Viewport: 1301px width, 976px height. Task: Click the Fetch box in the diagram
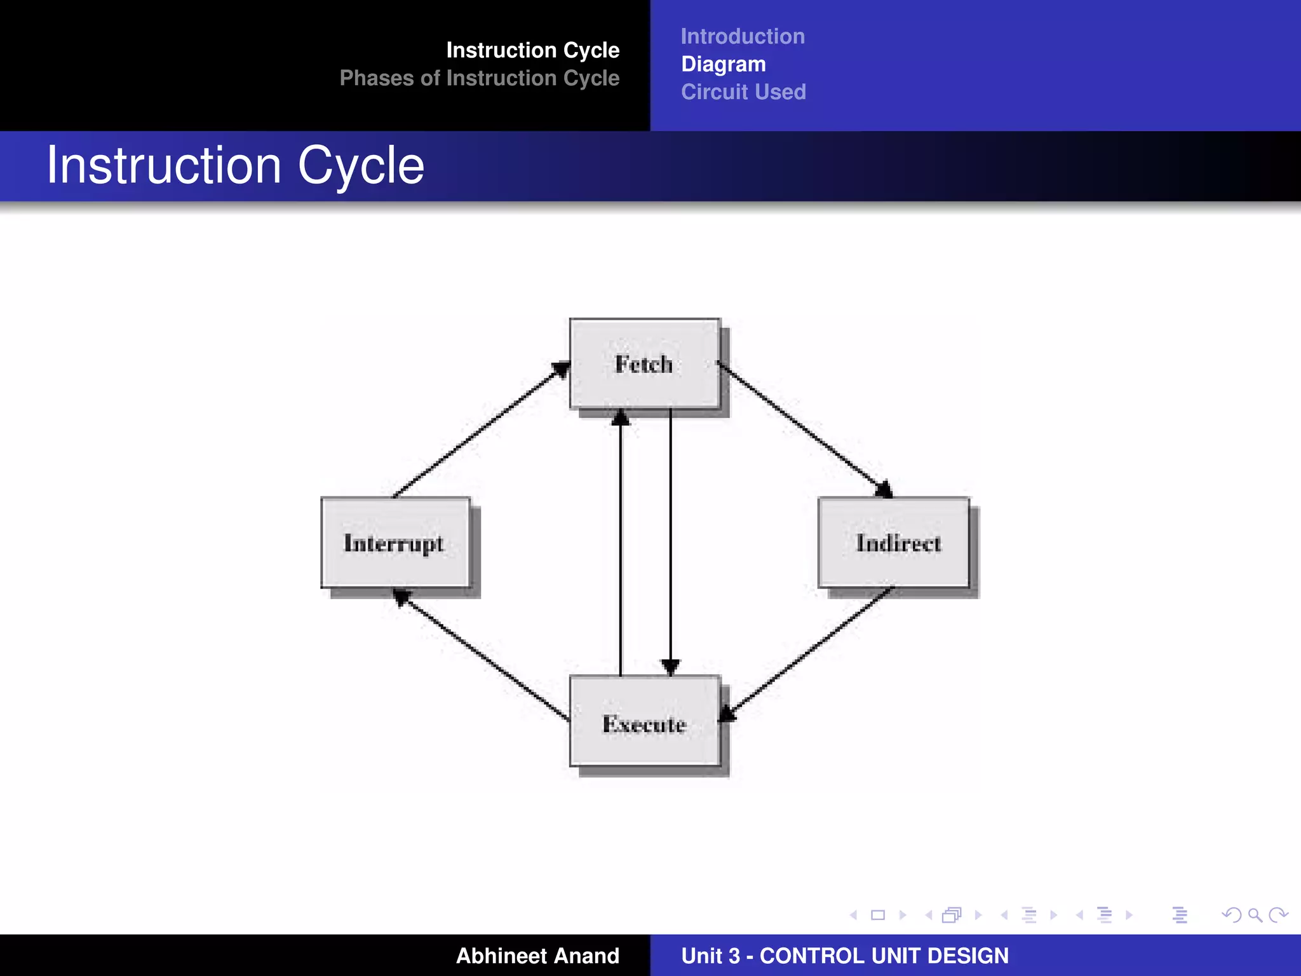645,363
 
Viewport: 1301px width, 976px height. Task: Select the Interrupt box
395,543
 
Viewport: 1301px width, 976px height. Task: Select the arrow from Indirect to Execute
808,654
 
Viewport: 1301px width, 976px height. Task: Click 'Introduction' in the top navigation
743,36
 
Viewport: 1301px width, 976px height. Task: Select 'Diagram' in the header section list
724,64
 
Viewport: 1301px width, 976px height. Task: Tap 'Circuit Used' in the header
743,92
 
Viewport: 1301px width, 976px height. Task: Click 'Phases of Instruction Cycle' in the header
479,78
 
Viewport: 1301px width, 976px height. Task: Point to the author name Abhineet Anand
537,956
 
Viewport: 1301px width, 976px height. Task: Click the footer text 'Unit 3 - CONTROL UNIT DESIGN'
844,956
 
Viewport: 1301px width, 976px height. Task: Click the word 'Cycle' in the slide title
360,166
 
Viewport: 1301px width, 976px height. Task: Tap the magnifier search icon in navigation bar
1255,915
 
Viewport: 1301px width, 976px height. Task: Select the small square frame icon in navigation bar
878,915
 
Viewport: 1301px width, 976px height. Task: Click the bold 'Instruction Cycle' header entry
532,50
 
